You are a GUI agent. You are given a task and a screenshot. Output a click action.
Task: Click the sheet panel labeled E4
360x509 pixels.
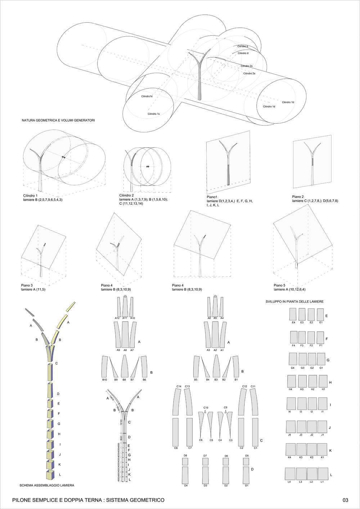pyautogui.click(x=293, y=314)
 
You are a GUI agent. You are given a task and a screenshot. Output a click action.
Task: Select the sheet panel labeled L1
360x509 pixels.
pyautogui.click(x=323, y=473)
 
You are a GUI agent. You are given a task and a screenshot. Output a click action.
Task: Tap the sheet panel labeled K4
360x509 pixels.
pyautogui.click(x=291, y=450)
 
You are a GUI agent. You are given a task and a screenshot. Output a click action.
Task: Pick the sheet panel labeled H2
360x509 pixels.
pyautogui.click(x=312, y=381)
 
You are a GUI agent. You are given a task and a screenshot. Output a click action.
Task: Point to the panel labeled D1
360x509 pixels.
pyautogui.click(x=247, y=476)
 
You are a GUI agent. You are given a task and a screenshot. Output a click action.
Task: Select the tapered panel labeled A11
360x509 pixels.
pyautogui.click(x=125, y=306)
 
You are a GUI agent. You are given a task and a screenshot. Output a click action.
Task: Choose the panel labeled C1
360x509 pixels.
pyautogui.click(x=255, y=432)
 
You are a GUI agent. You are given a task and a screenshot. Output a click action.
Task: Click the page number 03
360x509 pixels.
pyautogui.click(x=345, y=500)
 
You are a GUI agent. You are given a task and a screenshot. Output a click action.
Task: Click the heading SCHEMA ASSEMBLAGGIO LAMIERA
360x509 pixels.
pyautogui.click(x=47, y=485)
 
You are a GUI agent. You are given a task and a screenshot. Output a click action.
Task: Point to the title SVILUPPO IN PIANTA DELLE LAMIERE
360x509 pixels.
pyautogui.click(x=294, y=301)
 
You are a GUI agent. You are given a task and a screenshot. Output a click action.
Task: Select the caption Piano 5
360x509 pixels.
pyautogui.click(x=280, y=285)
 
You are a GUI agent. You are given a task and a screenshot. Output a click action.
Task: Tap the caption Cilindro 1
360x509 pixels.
pyautogui.click(x=30, y=196)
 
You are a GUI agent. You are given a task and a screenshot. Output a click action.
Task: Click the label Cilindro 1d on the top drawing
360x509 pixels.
pyautogui.click(x=288, y=102)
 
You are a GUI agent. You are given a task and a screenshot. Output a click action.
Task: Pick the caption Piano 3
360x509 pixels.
pyautogui.click(x=27, y=285)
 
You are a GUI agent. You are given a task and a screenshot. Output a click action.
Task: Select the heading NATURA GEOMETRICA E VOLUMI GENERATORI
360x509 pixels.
pyautogui.click(x=58, y=120)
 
